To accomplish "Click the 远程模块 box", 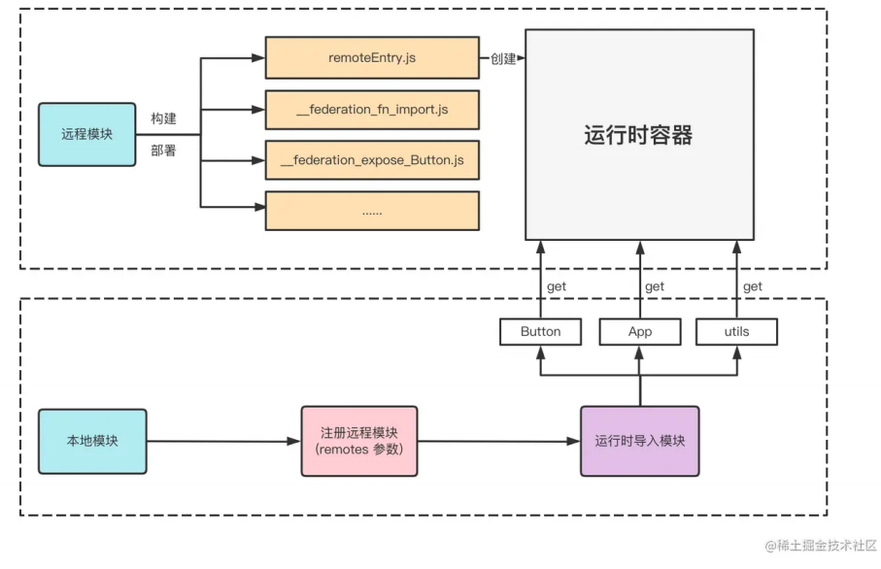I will [87, 134].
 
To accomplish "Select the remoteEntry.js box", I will [372, 58].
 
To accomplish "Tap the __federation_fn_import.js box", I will [372, 110].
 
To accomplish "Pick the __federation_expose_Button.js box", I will [372, 160].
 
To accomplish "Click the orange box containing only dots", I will [372, 211].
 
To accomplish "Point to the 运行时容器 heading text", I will [638, 135].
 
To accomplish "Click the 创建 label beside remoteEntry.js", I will [503, 58].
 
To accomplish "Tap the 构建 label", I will [163, 117].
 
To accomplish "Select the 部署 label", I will [163, 151].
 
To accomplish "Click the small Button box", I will [540, 332].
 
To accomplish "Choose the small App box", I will [640, 332].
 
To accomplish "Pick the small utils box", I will [736, 332].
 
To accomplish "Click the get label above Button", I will [557, 286].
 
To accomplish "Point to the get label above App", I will [655, 286].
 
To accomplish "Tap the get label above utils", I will [752, 286].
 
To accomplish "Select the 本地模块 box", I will [92, 441].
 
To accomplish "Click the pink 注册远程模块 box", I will [359, 441].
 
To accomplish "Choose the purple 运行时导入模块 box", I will [639, 441].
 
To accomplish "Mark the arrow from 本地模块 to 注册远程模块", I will [223, 442].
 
